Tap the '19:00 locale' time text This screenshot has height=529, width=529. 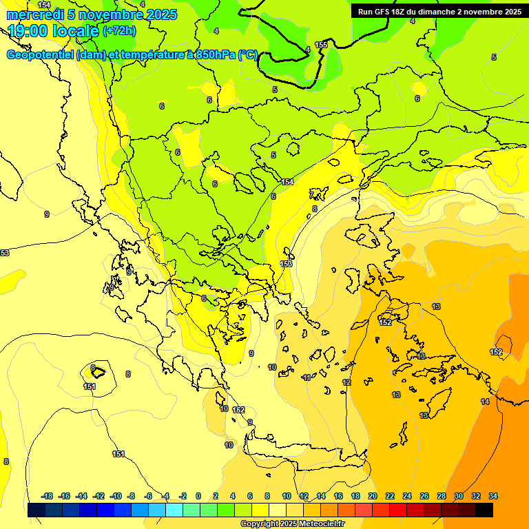54,30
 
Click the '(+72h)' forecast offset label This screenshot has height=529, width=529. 119,30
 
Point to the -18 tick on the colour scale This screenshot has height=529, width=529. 48,496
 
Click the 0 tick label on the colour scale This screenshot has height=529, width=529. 198,496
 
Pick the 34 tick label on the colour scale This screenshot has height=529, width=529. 493,496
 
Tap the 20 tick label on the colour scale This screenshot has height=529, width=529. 373,496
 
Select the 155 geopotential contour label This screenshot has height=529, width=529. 321,45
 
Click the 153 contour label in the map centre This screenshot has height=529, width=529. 287,264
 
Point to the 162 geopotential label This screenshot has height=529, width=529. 238,410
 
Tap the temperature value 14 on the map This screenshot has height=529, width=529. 485,402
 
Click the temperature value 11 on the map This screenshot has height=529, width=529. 307,377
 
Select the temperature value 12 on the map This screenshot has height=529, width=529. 346,382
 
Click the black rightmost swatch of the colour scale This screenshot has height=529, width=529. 484,510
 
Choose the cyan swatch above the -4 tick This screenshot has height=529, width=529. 174,510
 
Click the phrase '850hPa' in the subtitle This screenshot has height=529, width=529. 216,55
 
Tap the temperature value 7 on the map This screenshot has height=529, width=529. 311,195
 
